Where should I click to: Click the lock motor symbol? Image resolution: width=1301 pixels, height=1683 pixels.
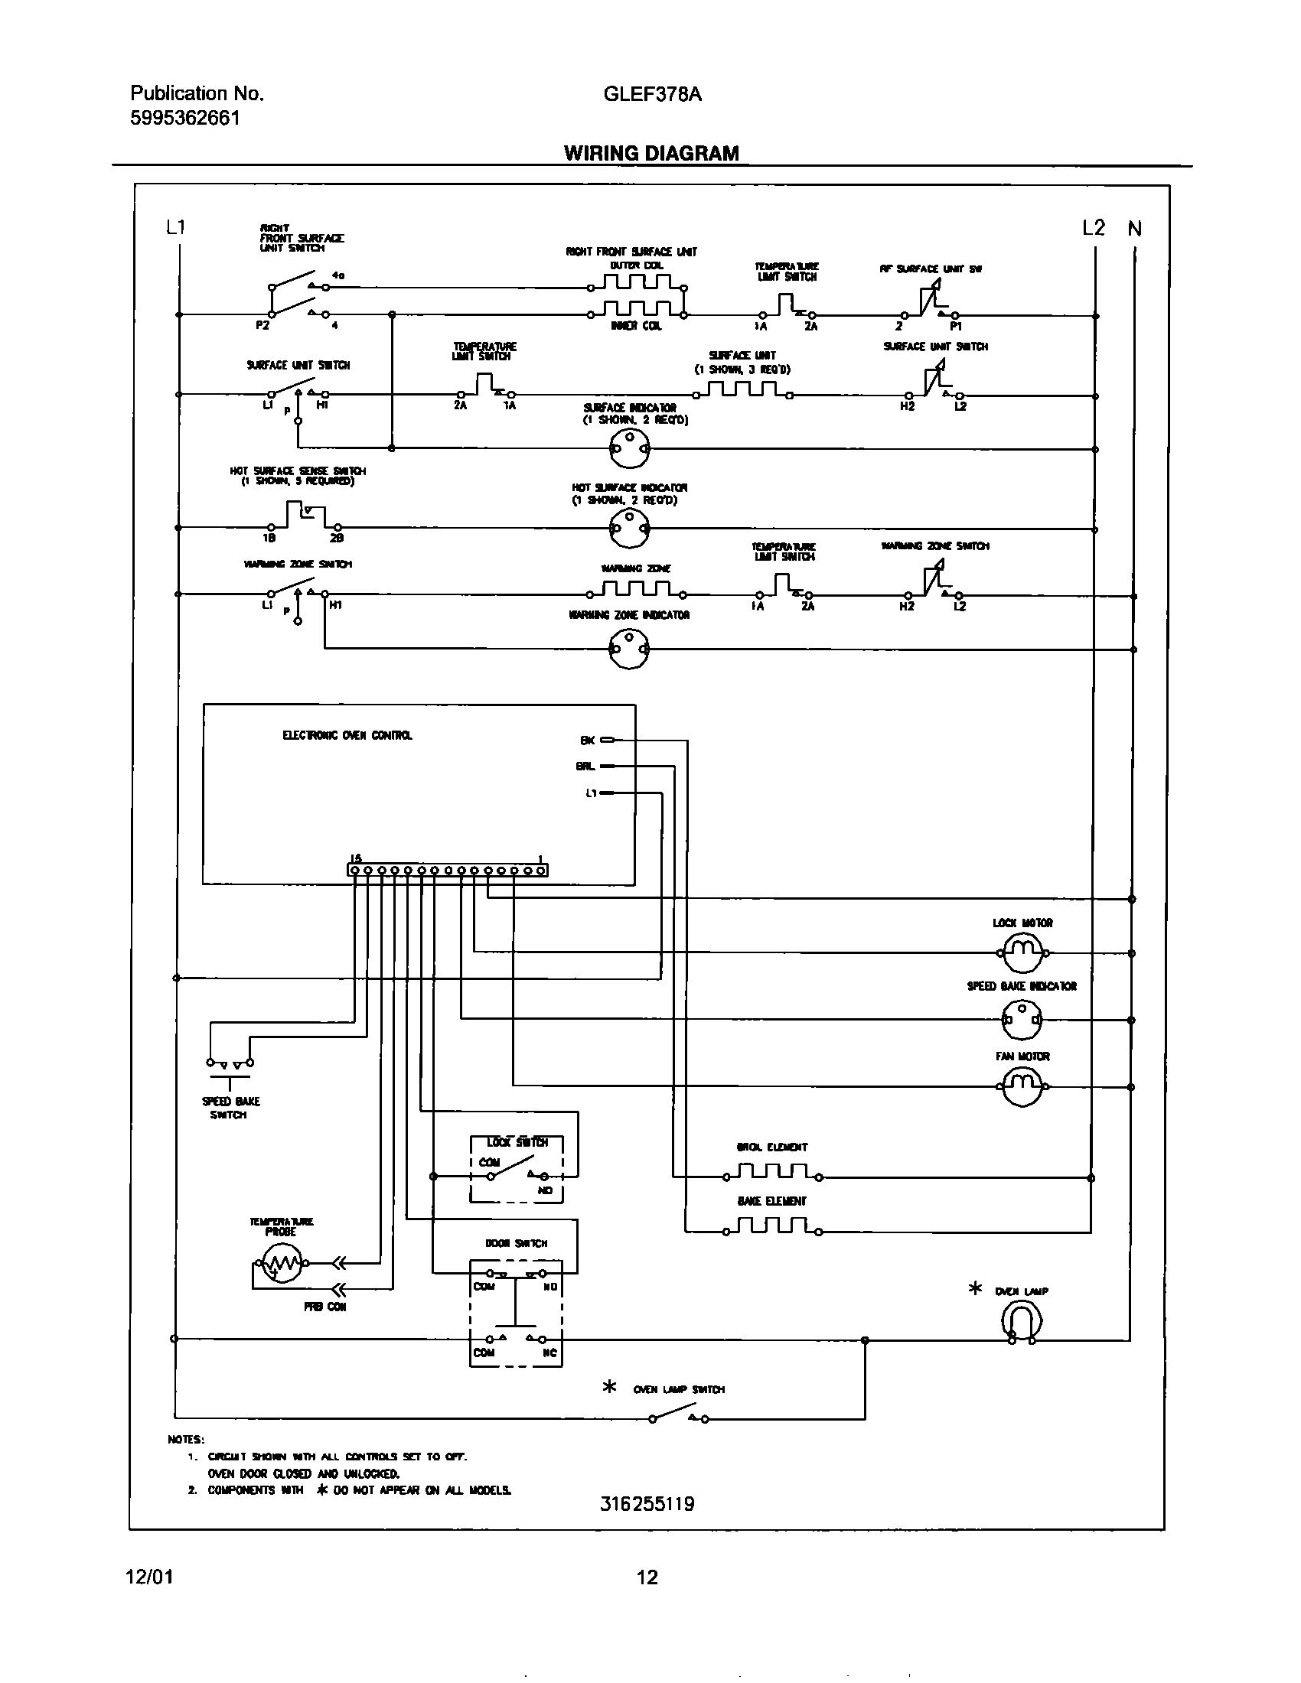click(x=1022, y=952)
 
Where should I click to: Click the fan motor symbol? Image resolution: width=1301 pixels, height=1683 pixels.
click(x=1022, y=1086)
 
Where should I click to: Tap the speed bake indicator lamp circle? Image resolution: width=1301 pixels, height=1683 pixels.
click(x=1021, y=1020)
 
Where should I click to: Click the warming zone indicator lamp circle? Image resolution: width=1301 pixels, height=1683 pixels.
click(x=630, y=649)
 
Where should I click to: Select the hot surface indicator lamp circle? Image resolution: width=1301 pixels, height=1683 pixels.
click(x=630, y=529)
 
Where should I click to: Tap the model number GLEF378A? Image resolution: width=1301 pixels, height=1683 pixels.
click(x=652, y=94)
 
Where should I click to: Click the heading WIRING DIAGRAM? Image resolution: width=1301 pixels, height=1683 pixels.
click(x=651, y=153)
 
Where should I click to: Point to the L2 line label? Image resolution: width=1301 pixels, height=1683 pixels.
click(x=1093, y=228)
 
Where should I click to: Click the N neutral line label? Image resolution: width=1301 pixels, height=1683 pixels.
click(x=1134, y=229)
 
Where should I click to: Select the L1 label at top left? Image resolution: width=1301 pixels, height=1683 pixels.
click(x=176, y=227)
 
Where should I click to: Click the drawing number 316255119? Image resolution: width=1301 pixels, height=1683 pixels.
click(x=647, y=1503)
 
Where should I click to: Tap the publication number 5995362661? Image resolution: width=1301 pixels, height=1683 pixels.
click(x=185, y=118)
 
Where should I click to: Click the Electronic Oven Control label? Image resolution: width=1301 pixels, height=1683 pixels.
click(x=347, y=735)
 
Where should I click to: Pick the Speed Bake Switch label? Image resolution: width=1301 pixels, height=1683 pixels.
click(x=230, y=1108)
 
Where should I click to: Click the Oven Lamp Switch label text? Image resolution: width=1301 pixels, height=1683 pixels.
click(x=678, y=1389)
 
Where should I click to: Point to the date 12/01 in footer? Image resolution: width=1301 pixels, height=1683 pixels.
click(x=149, y=1577)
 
